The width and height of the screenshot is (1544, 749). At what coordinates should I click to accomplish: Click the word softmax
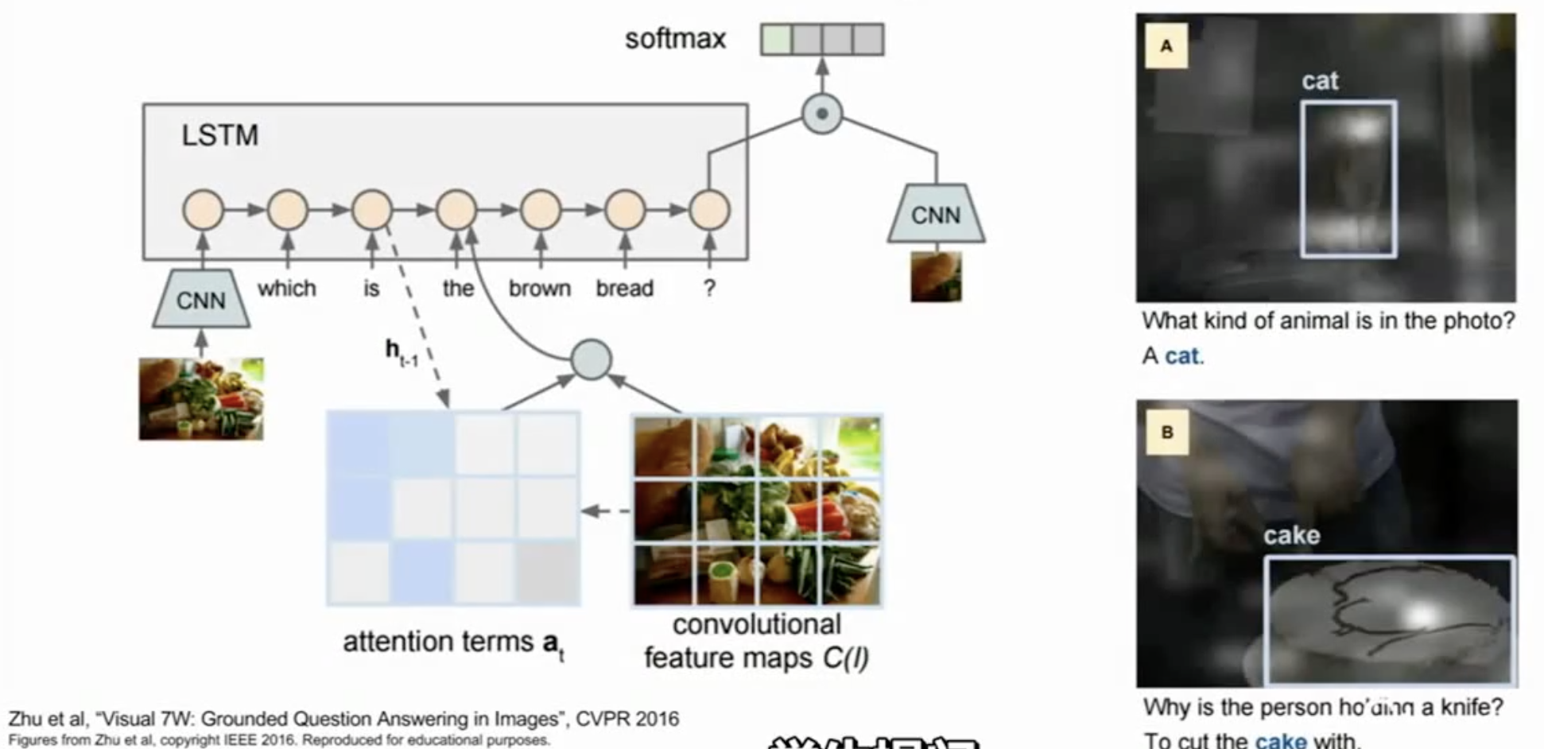(675, 39)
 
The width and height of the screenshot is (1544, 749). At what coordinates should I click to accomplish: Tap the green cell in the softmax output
(776, 39)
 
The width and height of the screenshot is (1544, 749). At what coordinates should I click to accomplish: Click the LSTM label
(219, 135)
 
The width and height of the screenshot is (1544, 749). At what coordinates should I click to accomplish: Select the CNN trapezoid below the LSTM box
(201, 299)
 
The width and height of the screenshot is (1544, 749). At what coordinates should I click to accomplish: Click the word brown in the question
(539, 288)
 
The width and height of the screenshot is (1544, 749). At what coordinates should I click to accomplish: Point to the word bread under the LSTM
(624, 288)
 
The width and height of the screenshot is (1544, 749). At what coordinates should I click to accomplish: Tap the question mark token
(709, 288)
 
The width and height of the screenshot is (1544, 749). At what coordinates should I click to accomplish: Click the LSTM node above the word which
(288, 210)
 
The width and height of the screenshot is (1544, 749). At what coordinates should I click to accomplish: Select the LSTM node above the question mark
(709, 210)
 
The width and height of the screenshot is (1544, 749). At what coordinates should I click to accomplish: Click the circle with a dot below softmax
(822, 113)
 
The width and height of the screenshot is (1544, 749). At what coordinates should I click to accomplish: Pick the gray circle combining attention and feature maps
(591, 359)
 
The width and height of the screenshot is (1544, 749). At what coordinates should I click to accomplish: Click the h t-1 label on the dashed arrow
(401, 351)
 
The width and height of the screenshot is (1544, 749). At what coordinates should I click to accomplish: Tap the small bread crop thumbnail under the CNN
(936, 277)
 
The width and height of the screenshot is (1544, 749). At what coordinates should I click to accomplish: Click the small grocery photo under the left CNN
(201, 398)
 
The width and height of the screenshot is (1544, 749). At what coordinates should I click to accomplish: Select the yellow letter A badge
(1166, 46)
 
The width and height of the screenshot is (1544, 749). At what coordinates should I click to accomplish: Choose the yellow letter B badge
(1166, 433)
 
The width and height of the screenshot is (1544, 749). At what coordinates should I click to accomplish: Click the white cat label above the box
(1320, 80)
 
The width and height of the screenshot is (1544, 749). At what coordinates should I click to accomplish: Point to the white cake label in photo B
(1291, 535)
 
